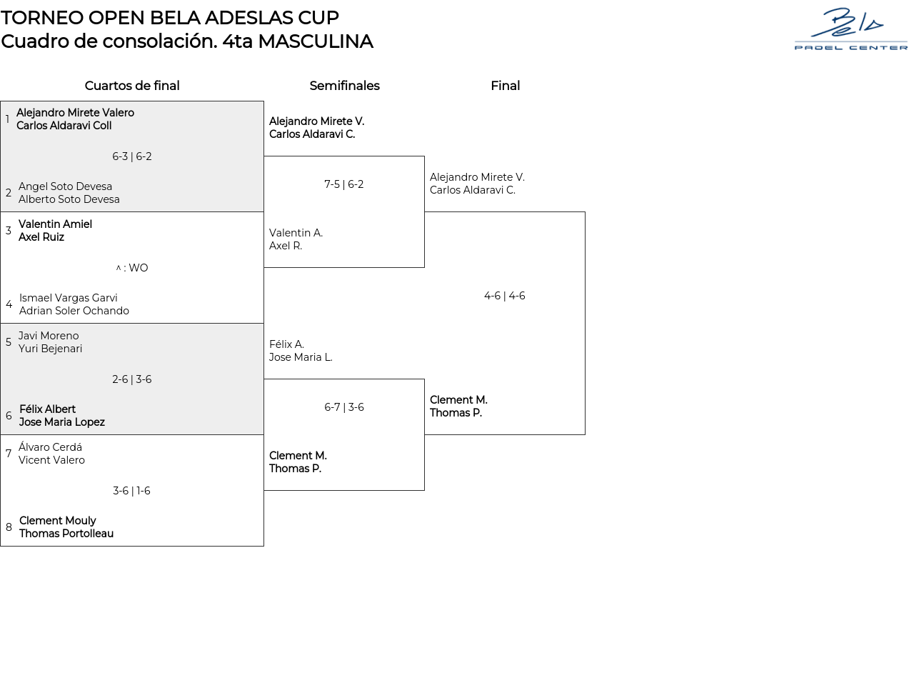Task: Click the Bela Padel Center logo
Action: (850, 29)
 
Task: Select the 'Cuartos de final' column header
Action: (132, 86)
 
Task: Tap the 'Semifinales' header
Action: (344, 86)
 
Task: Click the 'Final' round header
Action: (505, 86)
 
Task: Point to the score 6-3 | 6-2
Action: (132, 156)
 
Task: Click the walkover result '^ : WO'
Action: (132, 268)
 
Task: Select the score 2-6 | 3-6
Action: (132, 379)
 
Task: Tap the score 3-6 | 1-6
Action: (132, 491)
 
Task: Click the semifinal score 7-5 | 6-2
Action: (344, 184)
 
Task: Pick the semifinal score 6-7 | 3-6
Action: (344, 407)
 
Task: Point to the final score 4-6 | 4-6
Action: (505, 296)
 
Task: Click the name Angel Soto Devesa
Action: (65, 186)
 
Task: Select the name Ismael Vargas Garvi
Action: (69, 298)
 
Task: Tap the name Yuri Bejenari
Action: (50, 349)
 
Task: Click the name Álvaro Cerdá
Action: (50, 447)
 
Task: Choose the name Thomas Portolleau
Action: (66, 534)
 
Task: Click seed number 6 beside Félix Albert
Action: (9, 416)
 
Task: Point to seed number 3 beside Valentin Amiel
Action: (9, 231)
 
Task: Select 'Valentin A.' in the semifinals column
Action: (296, 233)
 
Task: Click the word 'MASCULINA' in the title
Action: (315, 41)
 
